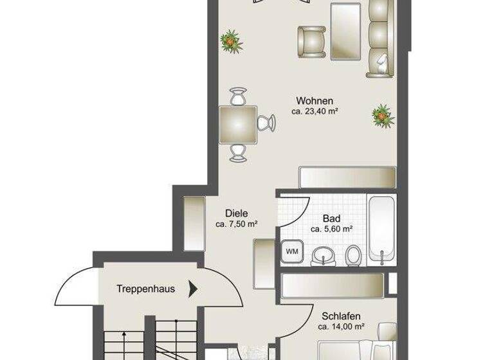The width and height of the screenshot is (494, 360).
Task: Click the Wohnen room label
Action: point(314,101)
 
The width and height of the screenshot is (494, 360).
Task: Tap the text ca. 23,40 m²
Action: point(315,111)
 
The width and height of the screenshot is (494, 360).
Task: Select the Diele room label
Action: point(237,214)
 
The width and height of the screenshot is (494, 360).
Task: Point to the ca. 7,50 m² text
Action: point(237,224)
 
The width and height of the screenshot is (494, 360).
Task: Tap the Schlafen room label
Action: point(342,316)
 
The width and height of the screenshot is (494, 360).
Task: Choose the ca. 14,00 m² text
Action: point(342,326)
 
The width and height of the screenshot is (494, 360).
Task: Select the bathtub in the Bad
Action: point(384,229)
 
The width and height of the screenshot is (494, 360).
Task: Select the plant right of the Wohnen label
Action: point(382,115)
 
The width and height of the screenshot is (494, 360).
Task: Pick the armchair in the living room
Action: point(311,40)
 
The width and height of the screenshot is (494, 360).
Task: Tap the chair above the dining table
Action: point(238,96)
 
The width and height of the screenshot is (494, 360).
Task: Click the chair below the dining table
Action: point(238,152)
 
